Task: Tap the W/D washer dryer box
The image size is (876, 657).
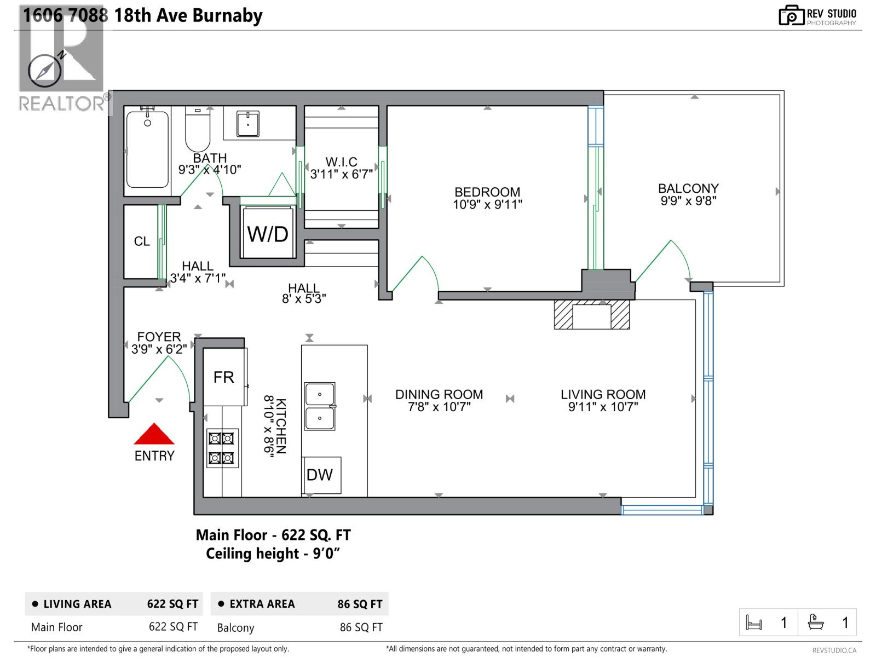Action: (268, 234)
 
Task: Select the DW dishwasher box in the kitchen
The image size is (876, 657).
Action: (320, 475)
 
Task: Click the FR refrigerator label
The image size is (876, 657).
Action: (223, 377)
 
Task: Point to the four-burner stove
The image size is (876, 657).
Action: (222, 448)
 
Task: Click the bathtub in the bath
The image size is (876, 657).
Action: (147, 150)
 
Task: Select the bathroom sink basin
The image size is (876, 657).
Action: (248, 124)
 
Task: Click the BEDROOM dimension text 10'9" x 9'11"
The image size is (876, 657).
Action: (487, 205)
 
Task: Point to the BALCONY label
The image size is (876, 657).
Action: (688, 188)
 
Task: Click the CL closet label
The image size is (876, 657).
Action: (142, 241)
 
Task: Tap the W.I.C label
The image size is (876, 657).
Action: (341, 162)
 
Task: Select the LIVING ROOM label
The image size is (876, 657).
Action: (603, 394)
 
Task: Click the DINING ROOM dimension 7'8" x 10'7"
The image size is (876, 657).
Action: (439, 407)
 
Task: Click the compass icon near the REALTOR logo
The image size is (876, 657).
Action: (44, 71)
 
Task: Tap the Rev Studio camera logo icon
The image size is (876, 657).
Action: (791, 16)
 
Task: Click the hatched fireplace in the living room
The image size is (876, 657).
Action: (591, 315)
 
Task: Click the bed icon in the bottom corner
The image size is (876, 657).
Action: (754, 623)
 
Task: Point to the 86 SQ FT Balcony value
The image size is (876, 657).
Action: (361, 627)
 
